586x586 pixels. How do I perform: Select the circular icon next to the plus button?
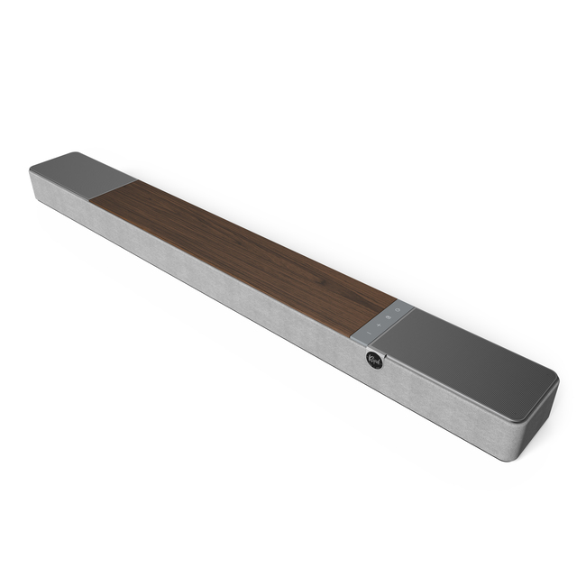[389, 316]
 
